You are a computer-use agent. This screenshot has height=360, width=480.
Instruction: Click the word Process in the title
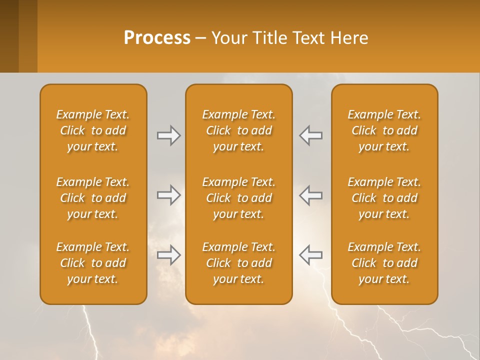[x=157, y=38]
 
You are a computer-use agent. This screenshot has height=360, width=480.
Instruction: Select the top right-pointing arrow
[x=168, y=135]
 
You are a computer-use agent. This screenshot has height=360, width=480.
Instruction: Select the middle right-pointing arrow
[x=168, y=195]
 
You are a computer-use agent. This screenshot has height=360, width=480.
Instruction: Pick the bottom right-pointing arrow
[x=168, y=254]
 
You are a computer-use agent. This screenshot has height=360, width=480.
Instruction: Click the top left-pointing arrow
[x=310, y=135]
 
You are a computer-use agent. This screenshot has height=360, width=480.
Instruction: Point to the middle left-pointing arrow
[x=310, y=195]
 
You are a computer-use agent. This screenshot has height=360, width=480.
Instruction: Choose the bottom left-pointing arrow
[x=310, y=254]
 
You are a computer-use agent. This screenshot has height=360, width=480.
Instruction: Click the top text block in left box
[x=93, y=130]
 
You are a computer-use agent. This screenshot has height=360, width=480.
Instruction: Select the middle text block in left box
[x=93, y=198]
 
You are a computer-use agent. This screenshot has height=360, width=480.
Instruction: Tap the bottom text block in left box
[x=93, y=263]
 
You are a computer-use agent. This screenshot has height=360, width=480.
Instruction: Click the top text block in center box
[x=238, y=130]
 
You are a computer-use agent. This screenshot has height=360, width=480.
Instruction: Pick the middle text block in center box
[x=238, y=198]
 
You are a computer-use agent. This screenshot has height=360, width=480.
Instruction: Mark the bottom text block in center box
[x=238, y=263]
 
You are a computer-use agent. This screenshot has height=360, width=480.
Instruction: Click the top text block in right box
[x=384, y=130]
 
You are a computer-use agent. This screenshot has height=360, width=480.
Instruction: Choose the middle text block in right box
[x=384, y=198]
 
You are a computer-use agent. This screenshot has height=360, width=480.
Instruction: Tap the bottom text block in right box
[x=384, y=263]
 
